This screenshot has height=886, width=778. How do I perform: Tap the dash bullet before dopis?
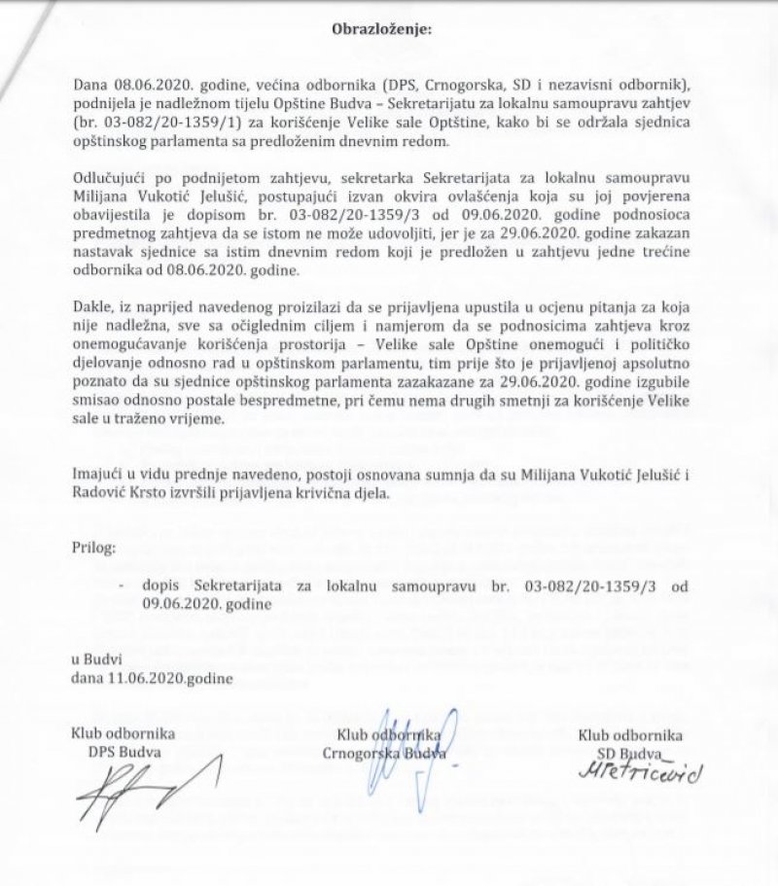pyautogui.click(x=121, y=585)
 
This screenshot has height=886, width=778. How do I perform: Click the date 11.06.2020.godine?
pyautogui.click(x=154, y=676)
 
